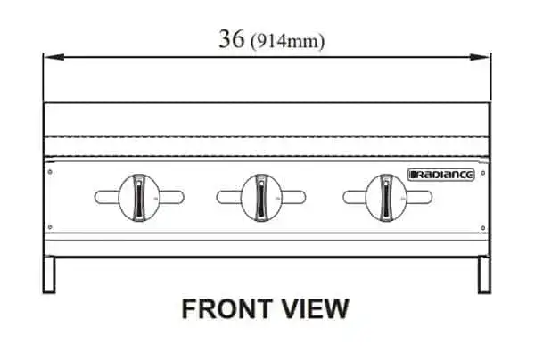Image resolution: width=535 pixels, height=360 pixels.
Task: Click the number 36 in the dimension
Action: tap(232, 38)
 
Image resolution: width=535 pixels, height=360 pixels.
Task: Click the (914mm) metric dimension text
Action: tap(287, 42)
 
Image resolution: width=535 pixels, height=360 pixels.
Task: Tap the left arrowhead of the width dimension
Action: tap(53, 57)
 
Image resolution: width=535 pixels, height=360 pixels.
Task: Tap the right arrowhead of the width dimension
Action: tap(480, 57)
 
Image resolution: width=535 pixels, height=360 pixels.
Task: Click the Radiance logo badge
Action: tap(441, 175)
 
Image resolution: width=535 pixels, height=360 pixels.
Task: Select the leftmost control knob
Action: tap(139, 198)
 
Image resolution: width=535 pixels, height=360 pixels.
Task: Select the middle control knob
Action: tap(261, 198)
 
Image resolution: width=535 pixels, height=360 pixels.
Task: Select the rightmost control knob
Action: tap(386, 198)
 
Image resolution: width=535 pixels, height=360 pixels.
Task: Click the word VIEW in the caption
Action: tap(314, 309)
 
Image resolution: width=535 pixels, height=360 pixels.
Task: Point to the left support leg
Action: tap(49, 274)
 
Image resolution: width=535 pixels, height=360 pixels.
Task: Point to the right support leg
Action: tap(484, 274)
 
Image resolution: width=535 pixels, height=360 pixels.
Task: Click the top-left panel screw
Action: tap(50, 172)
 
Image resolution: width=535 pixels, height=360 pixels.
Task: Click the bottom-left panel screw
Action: tap(50, 226)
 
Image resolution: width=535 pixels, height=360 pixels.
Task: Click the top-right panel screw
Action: tap(482, 173)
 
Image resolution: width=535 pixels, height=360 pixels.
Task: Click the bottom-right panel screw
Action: tap(482, 228)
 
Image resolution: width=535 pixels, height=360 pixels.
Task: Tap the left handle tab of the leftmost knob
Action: tap(107, 198)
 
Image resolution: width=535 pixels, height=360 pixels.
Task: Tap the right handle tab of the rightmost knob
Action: tap(419, 198)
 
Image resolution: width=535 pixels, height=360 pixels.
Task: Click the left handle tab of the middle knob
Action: tap(229, 198)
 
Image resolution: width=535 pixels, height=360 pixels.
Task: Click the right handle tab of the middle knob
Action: tap(293, 198)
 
